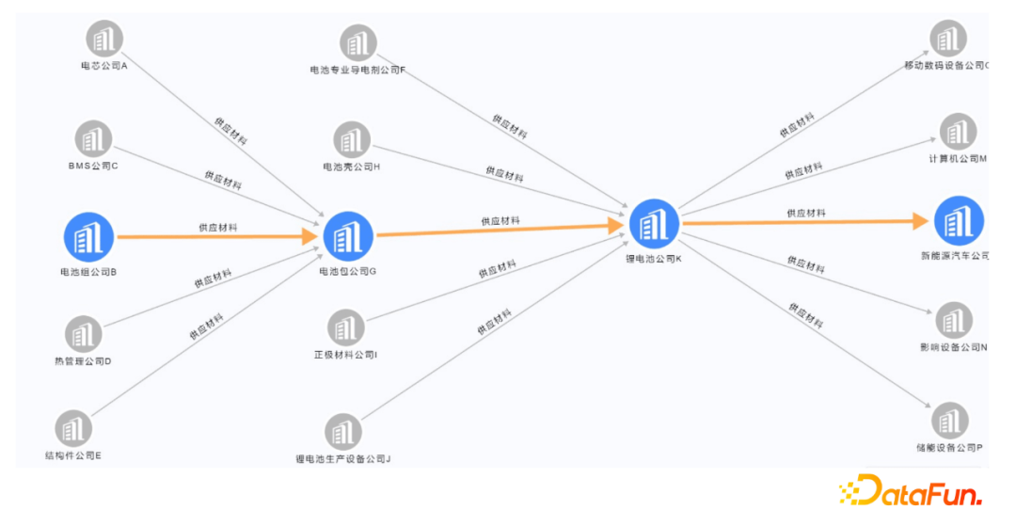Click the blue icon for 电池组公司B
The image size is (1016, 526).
coord(88,235)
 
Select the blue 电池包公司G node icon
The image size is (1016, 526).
coord(349,235)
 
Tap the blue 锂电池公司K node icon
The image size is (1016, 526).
coord(653,223)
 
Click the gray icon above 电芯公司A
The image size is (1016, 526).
coord(104,40)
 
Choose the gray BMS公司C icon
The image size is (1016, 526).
coord(93,138)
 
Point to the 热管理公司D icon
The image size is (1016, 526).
coord(84,334)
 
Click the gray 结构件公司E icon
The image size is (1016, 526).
coord(73,429)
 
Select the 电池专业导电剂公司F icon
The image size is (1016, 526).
coord(357,43)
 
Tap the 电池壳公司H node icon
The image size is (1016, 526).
coord(351,141)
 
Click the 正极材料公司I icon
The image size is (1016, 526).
coord(345,328)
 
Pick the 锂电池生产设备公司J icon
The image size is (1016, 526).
coord(342,432)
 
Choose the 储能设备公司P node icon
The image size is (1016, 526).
coord(950,421)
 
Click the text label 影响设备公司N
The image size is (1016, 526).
coord(953,348)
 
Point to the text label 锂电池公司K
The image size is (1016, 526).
coord(653,258)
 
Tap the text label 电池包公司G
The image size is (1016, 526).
coord(348,272)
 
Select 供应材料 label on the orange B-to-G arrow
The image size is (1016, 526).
coord(217,228)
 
